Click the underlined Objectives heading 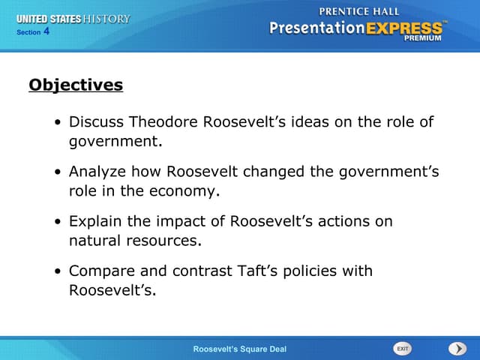(x=76, y=85)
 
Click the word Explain (x=95, y=221)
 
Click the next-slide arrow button (x=457, y=349)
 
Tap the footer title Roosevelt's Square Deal (x=239, y=349)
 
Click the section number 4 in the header (x=46, y=31)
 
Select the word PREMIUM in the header (x=422, y=38)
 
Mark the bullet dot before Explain (x=58, y=222)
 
